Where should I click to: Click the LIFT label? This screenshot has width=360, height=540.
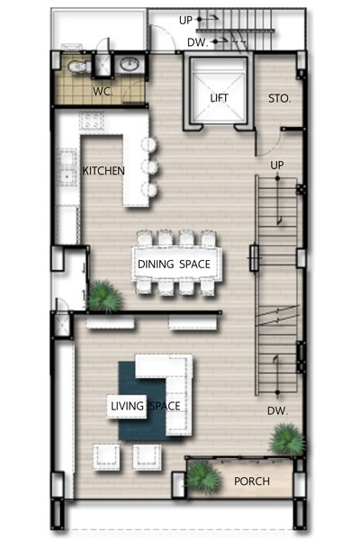(219, 98)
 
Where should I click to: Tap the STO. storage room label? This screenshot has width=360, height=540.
(279, 99)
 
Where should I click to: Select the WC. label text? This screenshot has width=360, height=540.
(103, 92)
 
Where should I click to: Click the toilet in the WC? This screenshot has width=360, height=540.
(78, 66)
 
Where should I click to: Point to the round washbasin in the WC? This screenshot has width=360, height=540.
(130, 64)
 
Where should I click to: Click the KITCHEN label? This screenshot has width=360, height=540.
(103, 170)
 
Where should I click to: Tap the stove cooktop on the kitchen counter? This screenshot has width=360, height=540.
(92, 121)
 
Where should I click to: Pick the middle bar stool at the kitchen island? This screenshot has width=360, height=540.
(150, 166)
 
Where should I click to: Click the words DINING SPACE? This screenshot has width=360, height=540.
(174, 264)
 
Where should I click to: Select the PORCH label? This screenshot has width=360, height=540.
(252, 481)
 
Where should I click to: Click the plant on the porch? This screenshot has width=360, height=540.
(202, 478)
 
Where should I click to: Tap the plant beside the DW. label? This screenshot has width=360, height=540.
(286, 440)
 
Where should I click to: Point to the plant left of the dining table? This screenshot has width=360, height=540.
(103, 296)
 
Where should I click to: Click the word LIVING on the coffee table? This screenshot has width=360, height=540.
(127, 406)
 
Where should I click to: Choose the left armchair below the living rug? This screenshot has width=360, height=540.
(106, 457)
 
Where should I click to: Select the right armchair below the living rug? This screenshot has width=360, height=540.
(147, 457)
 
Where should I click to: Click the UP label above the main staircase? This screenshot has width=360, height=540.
(277, 166)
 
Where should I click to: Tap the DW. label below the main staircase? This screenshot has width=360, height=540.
(277, 410)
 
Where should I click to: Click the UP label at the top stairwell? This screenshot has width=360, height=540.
(185, 21)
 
